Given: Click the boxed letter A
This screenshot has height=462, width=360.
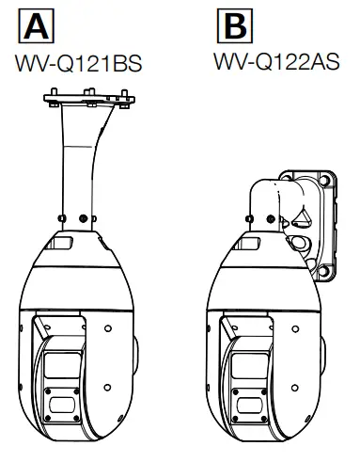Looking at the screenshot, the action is point(37,26).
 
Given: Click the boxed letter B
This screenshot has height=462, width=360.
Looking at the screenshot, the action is point(235,25).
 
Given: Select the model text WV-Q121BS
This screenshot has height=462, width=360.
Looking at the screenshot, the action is point(79,64).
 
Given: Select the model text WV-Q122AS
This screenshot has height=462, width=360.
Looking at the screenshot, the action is point(276,61).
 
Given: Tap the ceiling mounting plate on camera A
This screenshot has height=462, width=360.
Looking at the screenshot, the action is point(89,99).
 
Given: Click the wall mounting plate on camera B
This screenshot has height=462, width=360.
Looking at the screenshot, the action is point(322,225).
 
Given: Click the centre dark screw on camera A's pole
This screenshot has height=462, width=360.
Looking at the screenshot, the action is point(83,218).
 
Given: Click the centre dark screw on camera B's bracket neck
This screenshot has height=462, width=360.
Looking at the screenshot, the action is point(271,219).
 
